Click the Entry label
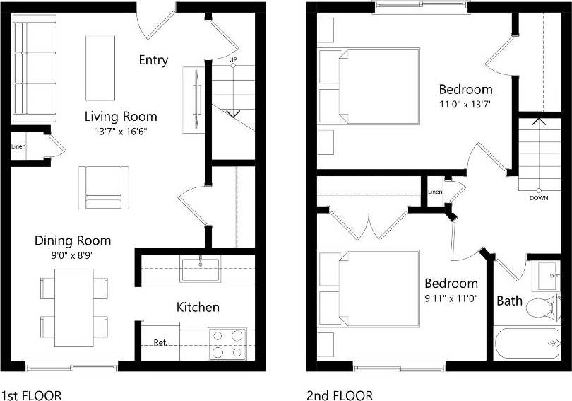pos(153,60)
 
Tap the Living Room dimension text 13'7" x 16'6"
pos(121,131)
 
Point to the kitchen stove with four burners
pos(227,344)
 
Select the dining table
pos(74,307)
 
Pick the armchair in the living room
pos(104,188)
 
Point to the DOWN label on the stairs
pos(539,198)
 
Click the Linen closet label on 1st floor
pos(18,147)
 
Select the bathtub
pos(530,344)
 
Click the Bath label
pos(509,301)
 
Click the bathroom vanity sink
pos(547,275)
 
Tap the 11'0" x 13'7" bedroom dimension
pos(465,104)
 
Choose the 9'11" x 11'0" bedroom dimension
pos(453,298)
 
